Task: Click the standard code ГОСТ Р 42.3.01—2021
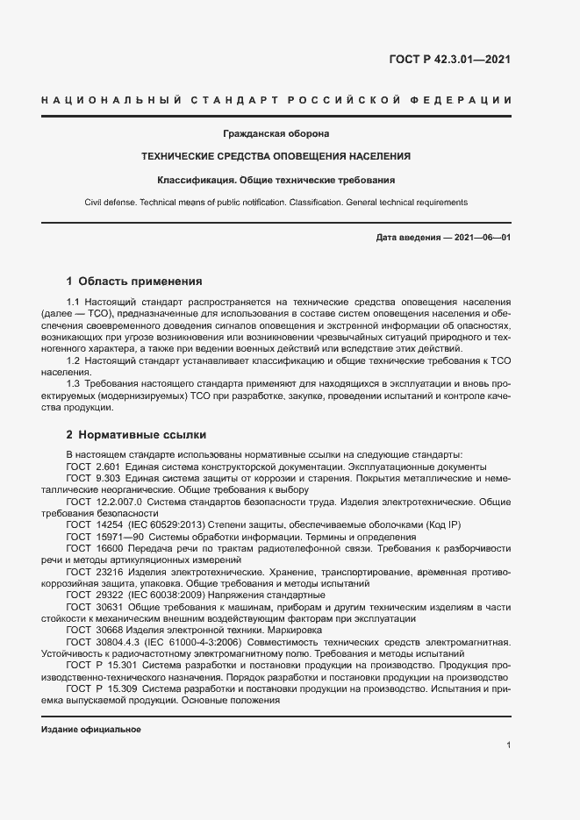click(x=449, y=61)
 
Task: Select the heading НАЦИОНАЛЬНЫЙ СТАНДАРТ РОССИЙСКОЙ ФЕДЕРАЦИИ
click(x=276, y=101)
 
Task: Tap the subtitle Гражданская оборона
click(x=276, y=134)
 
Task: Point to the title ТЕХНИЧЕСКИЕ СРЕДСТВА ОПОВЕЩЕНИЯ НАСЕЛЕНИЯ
click(x=276, y=156)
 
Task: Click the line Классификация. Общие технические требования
click(x=276, y=180)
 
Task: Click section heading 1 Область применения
click(x=134, y=282)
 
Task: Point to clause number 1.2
click(x=74, y=360)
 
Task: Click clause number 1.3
click(x=74, y=384)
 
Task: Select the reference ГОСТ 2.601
click(x=92, y=467)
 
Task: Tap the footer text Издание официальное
click(x=90, y=730)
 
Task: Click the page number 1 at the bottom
click(x=509, y=745)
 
